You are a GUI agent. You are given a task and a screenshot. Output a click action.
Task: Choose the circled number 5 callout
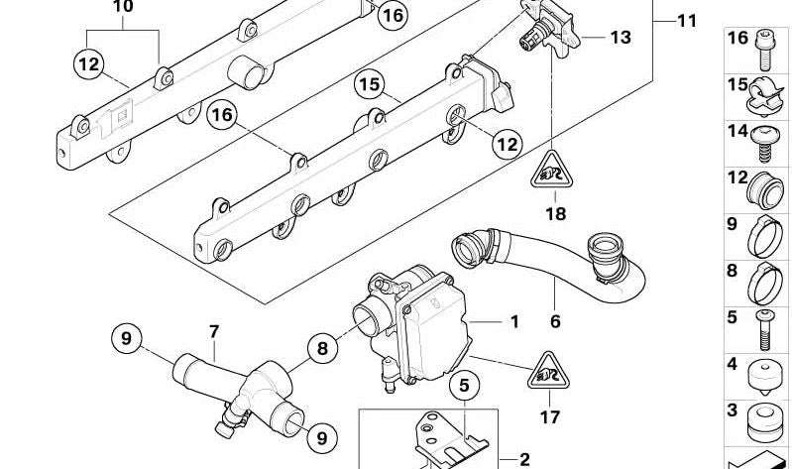tap(462, 383)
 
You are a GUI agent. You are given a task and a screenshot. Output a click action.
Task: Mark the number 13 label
tap(620, 39)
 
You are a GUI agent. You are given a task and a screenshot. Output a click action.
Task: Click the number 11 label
tap(687, 21)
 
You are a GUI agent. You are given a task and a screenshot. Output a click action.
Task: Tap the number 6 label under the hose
tap(555, 321)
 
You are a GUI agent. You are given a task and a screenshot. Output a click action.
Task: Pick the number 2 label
tap(524, 459)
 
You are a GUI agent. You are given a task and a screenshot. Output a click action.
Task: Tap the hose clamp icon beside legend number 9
tap(763, 235)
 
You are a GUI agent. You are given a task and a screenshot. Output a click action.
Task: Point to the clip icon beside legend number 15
tap(763, 91)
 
